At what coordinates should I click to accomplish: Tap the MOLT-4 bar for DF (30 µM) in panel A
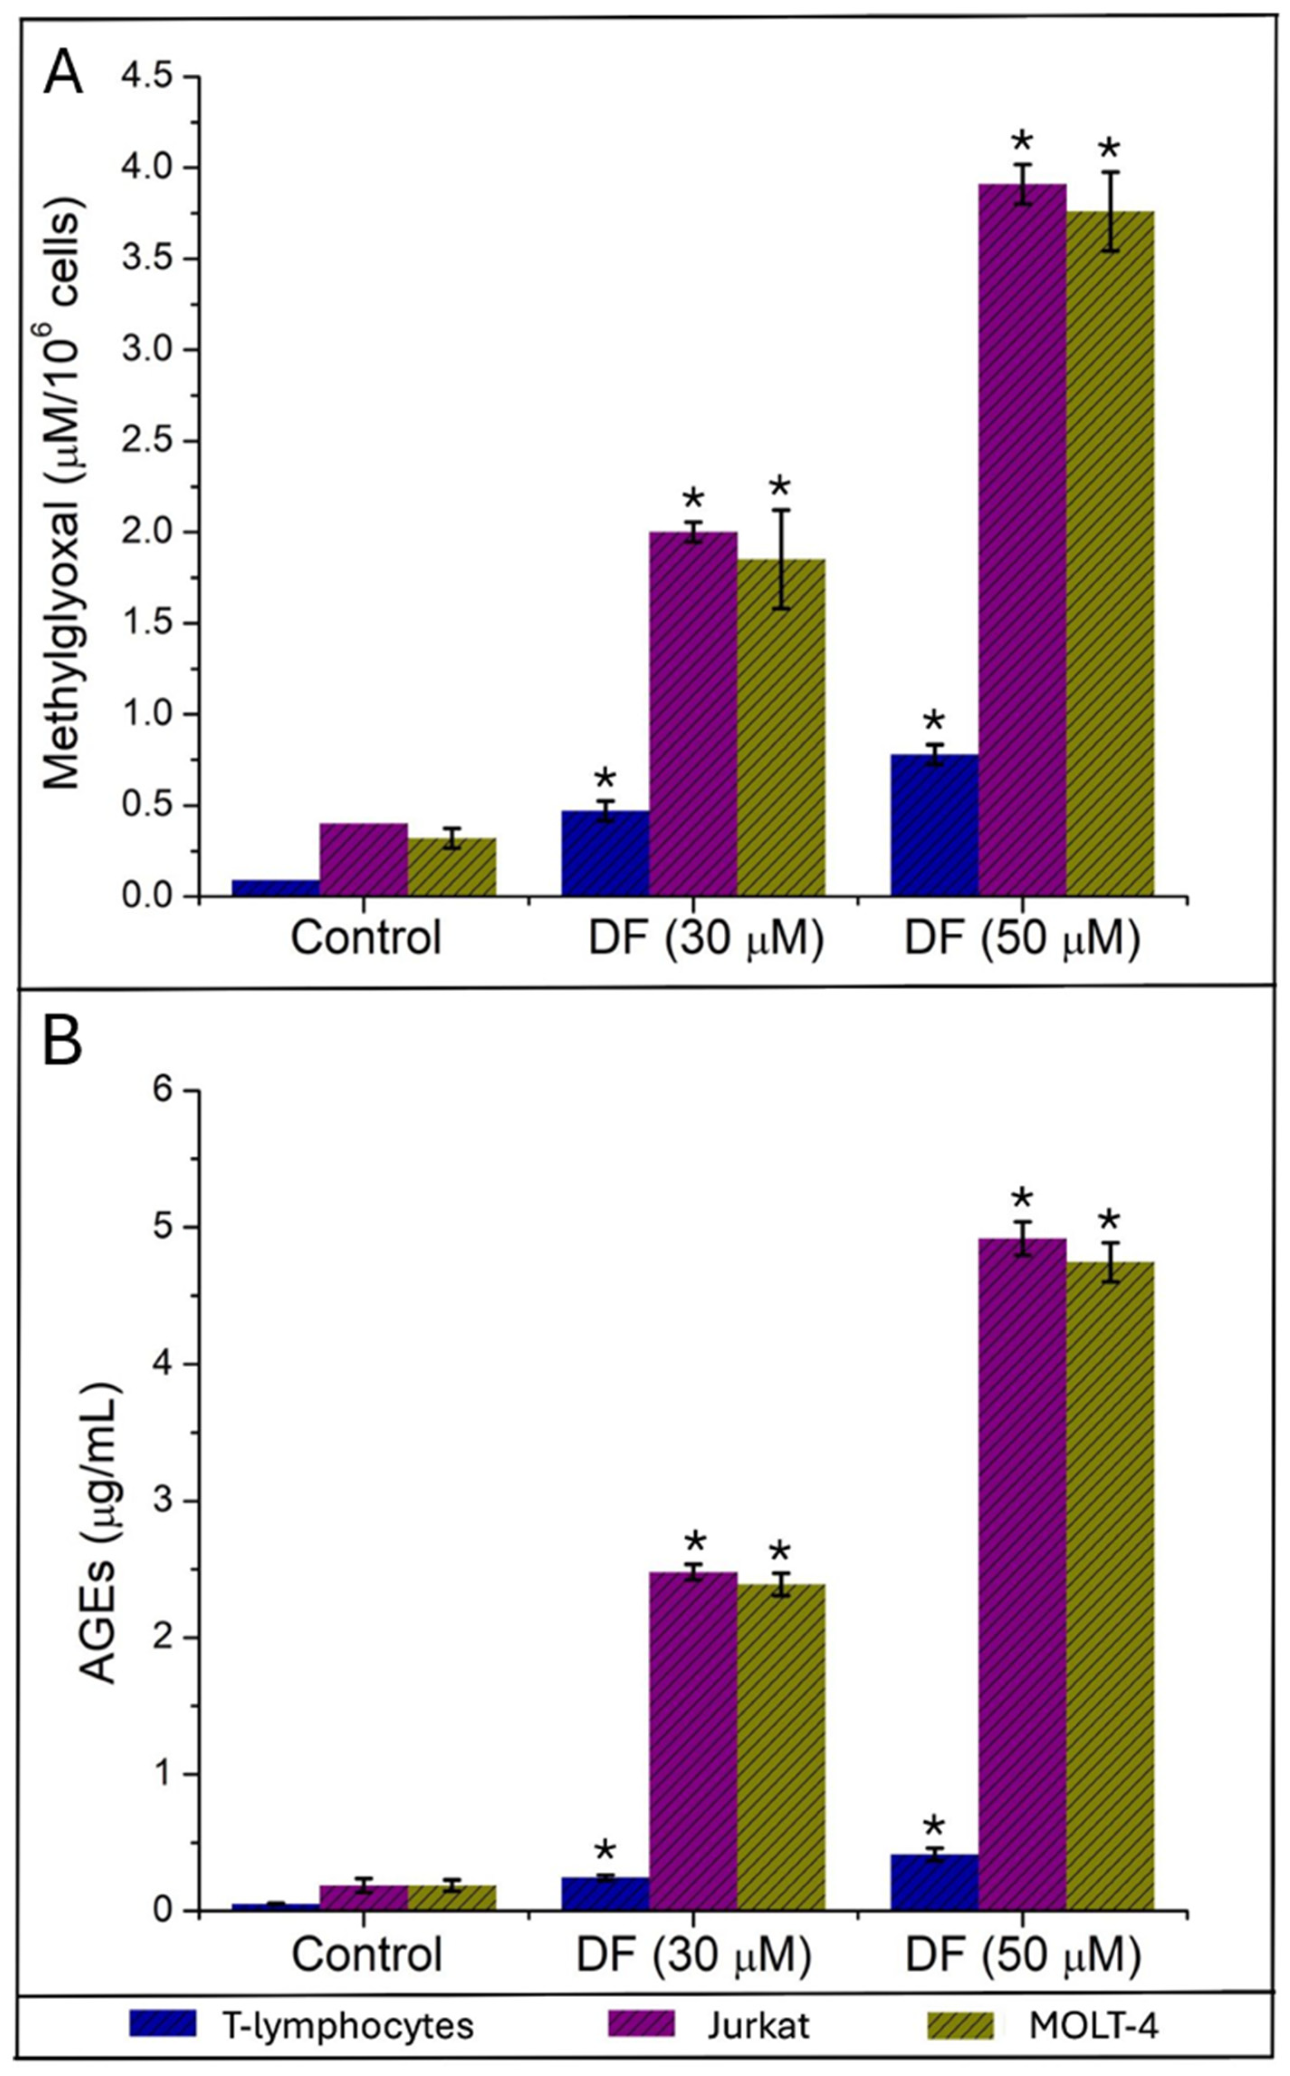coord(781,728)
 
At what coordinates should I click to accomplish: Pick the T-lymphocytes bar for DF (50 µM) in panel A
coord(934,826)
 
